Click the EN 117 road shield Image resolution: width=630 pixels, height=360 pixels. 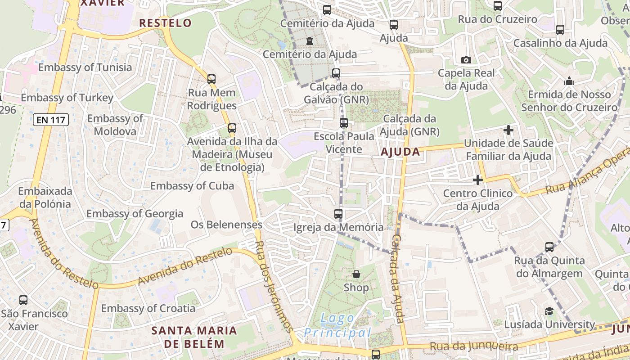[50, 120]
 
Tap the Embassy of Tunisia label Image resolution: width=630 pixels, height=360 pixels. [85, 67]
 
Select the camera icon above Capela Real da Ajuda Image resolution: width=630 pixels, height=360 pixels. [466, 60]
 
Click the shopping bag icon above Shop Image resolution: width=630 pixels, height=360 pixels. [356, 274]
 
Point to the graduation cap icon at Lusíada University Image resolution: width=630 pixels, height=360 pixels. [549, 311]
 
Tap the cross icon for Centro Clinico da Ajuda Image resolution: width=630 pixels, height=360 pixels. [477, 180]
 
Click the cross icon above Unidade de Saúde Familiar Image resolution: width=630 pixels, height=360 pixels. [508, 130]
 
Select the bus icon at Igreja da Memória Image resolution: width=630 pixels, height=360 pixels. [338, 214]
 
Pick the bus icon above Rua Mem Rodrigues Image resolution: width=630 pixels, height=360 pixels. [211, 79]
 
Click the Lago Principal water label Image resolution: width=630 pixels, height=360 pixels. [338, 326]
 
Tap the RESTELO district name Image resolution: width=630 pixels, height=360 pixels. [165, 23]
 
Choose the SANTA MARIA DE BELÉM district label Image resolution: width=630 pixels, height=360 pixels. [194, 337]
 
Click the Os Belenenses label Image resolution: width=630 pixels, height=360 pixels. [226, 225]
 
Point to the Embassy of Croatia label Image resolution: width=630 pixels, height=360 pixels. [148, 308]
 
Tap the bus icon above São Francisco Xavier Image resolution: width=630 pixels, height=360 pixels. [23, 300]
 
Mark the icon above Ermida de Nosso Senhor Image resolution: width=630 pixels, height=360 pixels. [569, 81]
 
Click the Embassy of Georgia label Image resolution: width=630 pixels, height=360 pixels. [135, 214]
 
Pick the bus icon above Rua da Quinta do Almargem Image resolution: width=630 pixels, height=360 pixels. [549, 247]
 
